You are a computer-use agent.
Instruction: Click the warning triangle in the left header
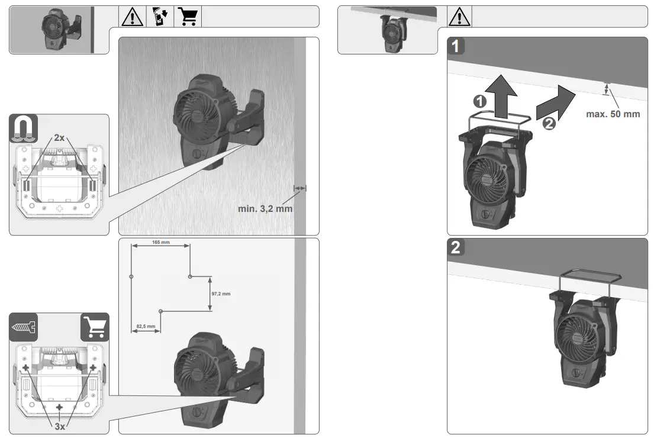coord(133,17)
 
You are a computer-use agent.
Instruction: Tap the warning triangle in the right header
coord(460,17)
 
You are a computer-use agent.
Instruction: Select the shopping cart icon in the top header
coord(188,17)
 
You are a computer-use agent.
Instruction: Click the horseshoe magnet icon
coord(24,128)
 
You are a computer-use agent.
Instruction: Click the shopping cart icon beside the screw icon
coord(95,327)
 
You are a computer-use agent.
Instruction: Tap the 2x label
coord(59,138)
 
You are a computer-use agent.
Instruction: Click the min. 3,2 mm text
coord(265,209)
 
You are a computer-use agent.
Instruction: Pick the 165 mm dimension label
coord(160,243)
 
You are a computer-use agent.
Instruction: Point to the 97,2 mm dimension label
coord(221,294)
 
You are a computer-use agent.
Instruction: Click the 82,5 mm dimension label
coord(146,326)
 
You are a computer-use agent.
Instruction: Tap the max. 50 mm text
coord(613,114)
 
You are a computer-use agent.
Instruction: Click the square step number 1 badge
coord(456,46)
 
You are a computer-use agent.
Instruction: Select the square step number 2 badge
coord(456,247)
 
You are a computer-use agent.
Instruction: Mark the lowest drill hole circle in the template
coord(160,311)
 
